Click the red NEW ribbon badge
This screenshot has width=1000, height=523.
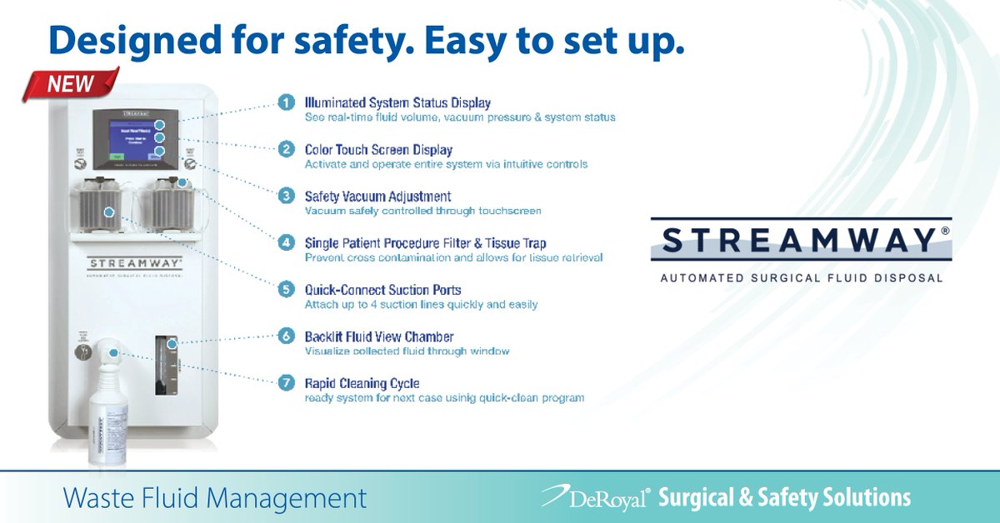tap(71, 84)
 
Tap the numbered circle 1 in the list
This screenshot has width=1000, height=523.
tap(286, 102)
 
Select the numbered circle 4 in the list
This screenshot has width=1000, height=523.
tap(286, 243)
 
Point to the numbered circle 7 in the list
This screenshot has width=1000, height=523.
tap(286, 383)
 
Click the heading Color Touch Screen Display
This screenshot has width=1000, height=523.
tap(378, 150)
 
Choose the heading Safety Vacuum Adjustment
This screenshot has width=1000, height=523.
tap(377, 197)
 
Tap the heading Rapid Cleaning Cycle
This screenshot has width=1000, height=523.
tap(362, 383)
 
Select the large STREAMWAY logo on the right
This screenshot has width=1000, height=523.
tap(801, 240)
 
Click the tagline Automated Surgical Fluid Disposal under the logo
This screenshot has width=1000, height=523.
tap(801, 277)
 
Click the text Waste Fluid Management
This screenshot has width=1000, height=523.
tap(215, 498)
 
